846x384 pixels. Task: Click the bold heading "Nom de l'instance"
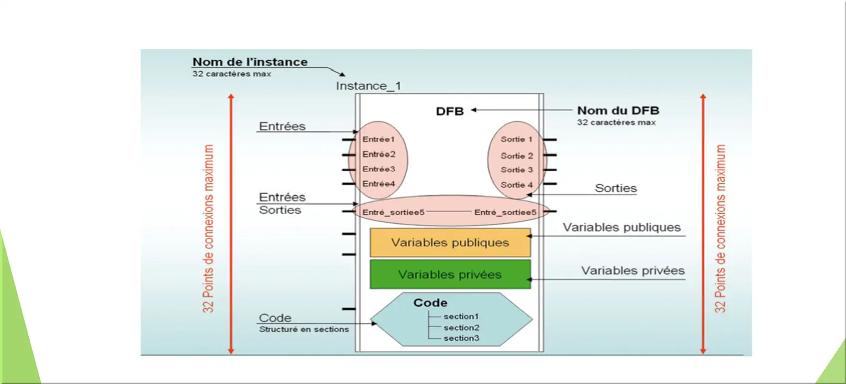coord(250,62)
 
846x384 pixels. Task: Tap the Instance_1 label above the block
coord(369,86)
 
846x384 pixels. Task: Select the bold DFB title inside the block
coord(450,111)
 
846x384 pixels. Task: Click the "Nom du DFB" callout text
coord(618,111)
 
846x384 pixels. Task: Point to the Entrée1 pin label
coord(378,139)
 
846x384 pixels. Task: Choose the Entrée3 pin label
coord(379,169)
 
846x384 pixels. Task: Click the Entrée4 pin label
coord(379,184)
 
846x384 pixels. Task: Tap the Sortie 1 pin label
coord(516,139)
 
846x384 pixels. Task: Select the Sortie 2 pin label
coord(517,156)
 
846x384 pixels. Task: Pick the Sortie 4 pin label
coord(517,185)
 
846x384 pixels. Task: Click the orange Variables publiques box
coord(450,242)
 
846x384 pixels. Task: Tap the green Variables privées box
coord(450,274)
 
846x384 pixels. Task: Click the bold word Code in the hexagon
coord(430,303)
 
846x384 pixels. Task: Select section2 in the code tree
coord(461,327)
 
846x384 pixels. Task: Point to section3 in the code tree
coord(461,338)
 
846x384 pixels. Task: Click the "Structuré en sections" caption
coord(304,329)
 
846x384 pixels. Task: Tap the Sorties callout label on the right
coord(616,188)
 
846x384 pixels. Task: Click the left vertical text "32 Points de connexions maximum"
coord(208,229)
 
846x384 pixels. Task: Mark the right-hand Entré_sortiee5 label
coord(505,212)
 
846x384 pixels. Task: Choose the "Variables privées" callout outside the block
coord(633,270)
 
